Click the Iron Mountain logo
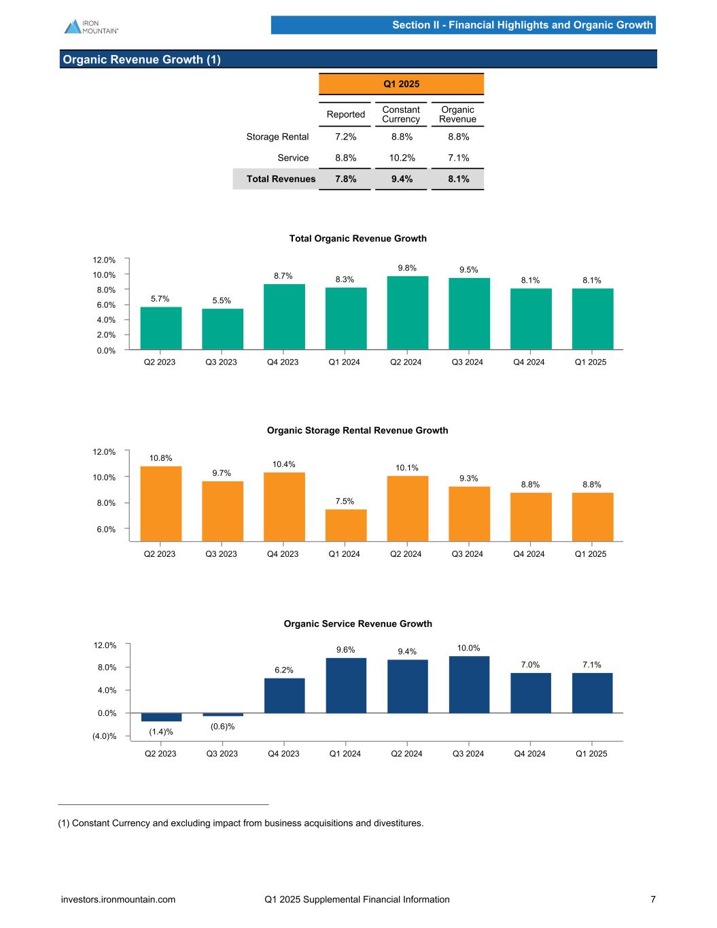91,27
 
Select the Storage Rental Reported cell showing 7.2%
345,137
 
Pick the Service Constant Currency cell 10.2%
401,158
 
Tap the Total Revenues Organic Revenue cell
457,179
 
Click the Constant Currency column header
401,114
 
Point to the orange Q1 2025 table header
401,84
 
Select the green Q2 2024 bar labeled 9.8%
407,313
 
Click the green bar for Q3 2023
222,329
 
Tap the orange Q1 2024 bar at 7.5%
346,525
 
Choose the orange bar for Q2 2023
161,503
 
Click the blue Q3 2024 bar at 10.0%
469,684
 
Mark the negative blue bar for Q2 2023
161,717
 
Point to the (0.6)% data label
222,727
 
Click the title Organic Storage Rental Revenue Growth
357,430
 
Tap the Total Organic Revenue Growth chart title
357,239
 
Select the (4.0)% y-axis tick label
104,736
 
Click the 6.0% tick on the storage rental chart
105,529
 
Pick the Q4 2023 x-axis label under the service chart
284,753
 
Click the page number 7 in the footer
653,899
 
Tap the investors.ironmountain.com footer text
118,899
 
